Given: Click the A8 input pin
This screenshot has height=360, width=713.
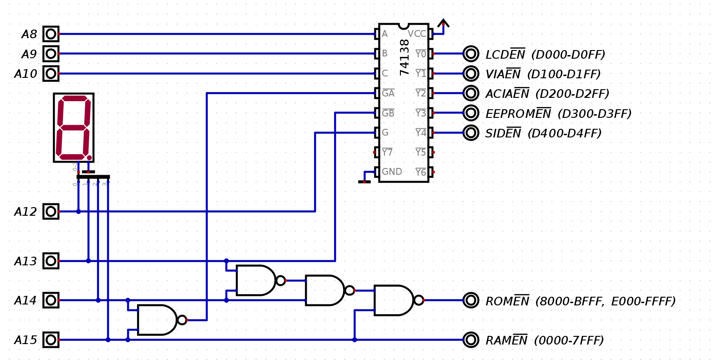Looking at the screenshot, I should (x=51, y=34).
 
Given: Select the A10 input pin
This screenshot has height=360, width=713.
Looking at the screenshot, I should (x=51, y=73).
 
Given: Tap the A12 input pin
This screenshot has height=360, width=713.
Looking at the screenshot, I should (x=51, y=211).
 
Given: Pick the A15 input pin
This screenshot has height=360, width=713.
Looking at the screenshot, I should (x=51, y=340).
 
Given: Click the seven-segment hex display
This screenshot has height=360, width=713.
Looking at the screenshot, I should (x=74, y=127).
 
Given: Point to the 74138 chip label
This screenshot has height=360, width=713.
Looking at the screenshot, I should (x=405, y=57).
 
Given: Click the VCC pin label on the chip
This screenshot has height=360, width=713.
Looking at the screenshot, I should (x=417, y=34).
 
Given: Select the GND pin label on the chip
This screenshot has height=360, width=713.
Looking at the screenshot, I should (x=392, y=172).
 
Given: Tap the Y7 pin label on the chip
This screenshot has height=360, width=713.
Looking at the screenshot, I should (x=387, y=152).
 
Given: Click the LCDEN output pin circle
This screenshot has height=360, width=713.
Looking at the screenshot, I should (x=471, y=54).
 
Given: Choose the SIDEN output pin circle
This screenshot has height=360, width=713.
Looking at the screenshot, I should (x=471, y=132).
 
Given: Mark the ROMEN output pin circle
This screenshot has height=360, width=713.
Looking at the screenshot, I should (x=471, y=300).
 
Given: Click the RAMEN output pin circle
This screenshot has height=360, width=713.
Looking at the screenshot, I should (x=471, y=340).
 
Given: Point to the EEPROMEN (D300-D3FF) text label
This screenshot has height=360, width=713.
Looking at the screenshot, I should (x=558, y=113).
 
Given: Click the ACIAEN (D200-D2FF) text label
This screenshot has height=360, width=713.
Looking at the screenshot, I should (x=547, y=94).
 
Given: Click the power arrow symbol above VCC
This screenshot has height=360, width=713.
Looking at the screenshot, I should (x=443, y=23).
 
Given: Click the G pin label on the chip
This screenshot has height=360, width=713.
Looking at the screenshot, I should (x=385, y=133).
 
